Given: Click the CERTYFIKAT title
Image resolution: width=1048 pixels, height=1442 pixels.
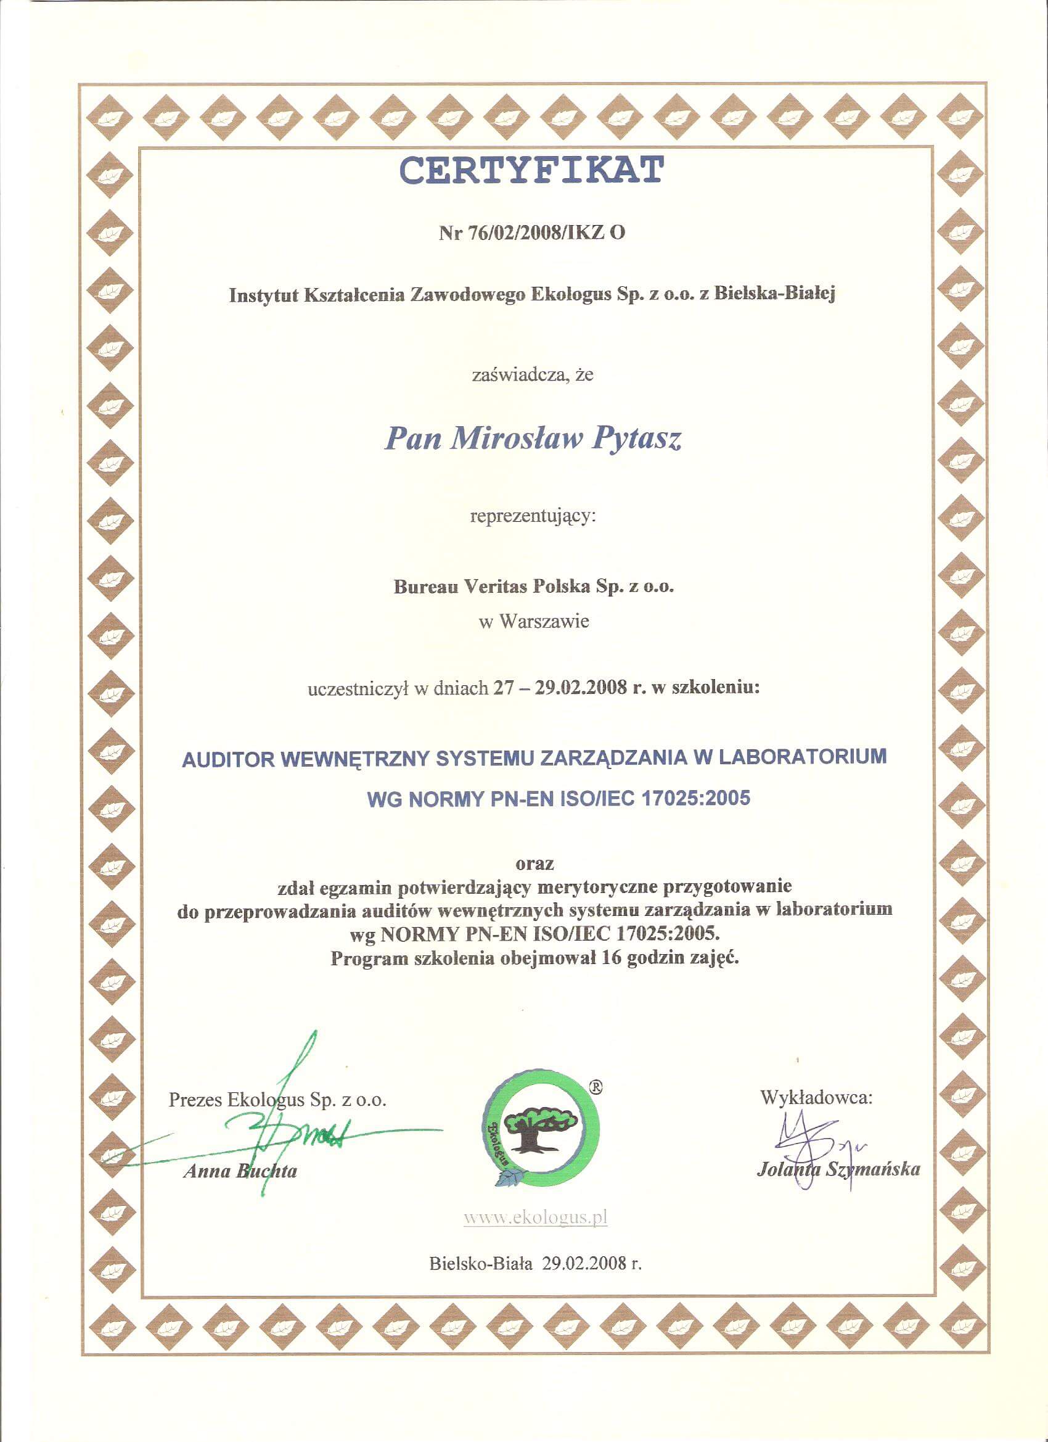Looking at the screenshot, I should tap(531, 170).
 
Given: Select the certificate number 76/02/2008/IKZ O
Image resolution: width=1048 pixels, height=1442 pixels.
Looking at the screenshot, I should tap(547, 233).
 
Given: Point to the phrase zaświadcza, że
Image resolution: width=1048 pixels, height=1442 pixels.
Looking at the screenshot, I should tap(533, 374).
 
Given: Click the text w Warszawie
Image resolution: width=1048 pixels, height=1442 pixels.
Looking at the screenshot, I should tap(534, 621).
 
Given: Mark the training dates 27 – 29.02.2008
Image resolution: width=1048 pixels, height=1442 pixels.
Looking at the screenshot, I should tap(560, 688).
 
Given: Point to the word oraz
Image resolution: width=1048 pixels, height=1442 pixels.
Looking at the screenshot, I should tap(534, 863).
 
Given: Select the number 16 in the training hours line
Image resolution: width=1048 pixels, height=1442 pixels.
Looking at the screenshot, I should tap(611, 958).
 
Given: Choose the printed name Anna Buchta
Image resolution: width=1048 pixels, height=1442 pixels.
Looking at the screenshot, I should tap(240, 1171).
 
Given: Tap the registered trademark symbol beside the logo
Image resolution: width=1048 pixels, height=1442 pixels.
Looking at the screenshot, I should tap(596, 1087).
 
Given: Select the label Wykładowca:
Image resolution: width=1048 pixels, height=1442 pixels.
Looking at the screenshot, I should tap(816, 1097).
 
